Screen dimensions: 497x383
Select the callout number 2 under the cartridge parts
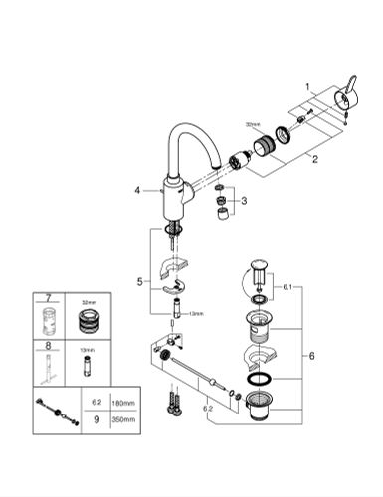coord(314,158)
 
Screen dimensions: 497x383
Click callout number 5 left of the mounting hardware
coord(139,282)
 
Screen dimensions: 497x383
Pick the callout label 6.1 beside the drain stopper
coord(287,288)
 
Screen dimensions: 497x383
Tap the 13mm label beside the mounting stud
coord(196,314)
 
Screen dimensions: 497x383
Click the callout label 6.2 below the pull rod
coord(206,407)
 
